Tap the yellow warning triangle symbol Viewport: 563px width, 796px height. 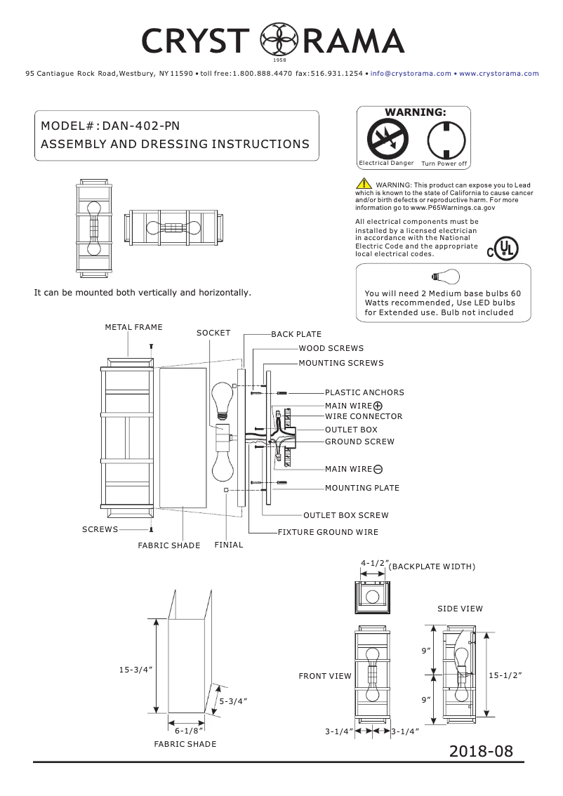point(364,184)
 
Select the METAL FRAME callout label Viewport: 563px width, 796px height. point(133,327)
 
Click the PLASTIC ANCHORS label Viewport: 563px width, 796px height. point(364,392)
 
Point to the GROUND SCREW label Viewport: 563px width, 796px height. point(359,442)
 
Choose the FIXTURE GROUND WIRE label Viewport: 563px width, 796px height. point(328,532)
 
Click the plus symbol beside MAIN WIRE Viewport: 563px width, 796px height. point(378,406)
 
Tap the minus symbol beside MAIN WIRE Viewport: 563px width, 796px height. point(378,469)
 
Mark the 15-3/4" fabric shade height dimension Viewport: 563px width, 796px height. point(135,670)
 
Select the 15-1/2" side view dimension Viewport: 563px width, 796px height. point(505,675)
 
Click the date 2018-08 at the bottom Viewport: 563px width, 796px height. point(482,750)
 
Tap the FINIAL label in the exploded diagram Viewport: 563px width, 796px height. point(229,545)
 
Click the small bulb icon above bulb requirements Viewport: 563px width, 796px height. point(444,276)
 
